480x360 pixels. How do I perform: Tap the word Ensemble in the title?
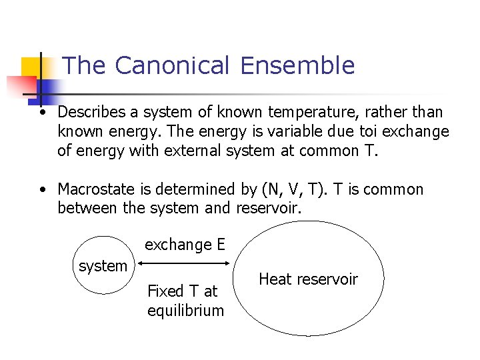pos(297,65)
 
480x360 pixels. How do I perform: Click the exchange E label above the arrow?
pos(185,245)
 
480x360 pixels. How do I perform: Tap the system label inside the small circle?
pos(103,266)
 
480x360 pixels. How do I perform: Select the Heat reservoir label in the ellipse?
pos(308,279)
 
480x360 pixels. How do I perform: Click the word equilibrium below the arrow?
pos(186,310)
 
